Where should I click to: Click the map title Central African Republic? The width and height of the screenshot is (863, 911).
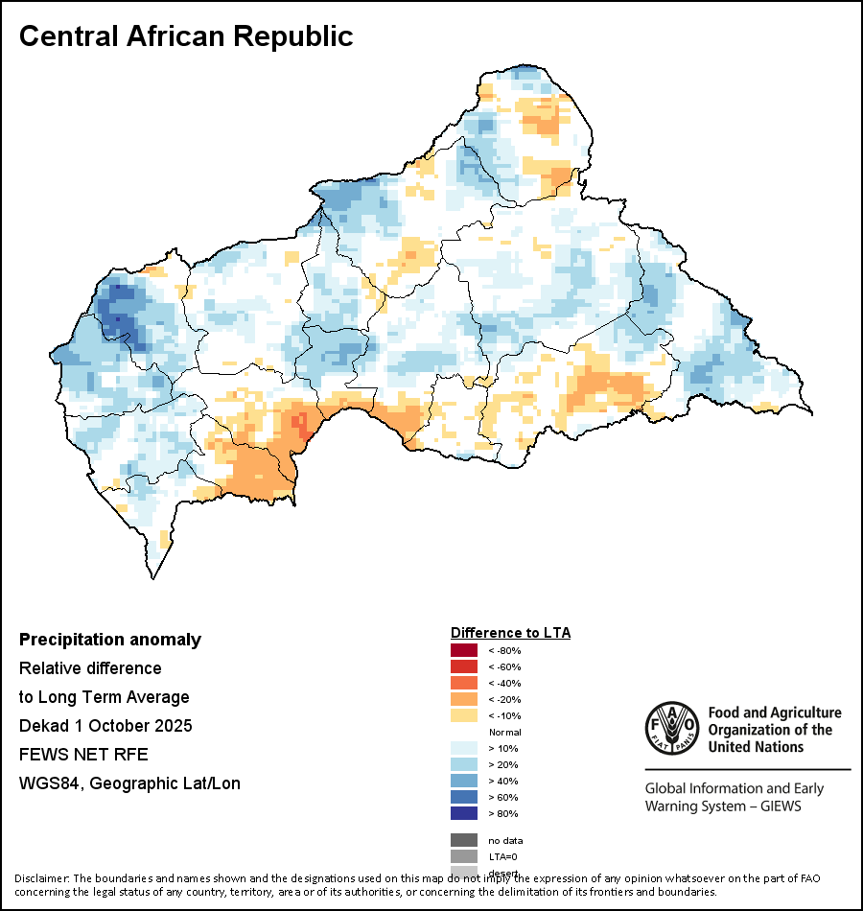pos(186,36)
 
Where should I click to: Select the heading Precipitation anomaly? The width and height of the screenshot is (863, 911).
pos(110,640)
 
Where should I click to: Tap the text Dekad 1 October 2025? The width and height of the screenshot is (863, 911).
pos(105,726)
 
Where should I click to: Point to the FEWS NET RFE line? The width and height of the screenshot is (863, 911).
pos(83,755)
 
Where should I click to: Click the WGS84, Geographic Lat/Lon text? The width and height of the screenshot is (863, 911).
pos(129,783)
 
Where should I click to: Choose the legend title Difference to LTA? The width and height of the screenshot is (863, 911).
pos(510,633)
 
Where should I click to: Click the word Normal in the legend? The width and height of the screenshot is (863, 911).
pos(504,733)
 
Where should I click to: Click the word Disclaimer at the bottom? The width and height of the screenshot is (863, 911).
pos(41,878)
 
